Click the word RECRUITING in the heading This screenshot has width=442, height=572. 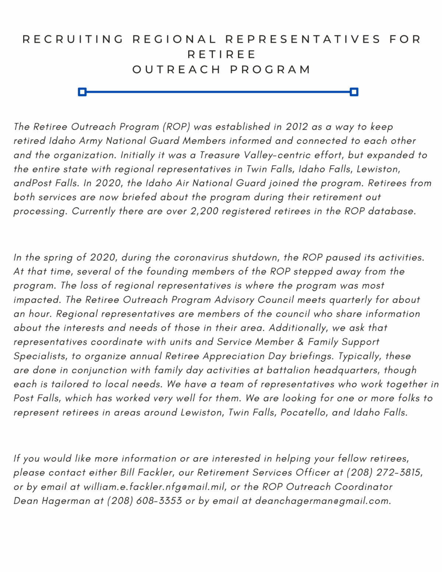click(x=73, y=39)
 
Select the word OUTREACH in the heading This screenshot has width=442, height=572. click(x=176, y=70)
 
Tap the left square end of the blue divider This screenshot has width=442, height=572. click(x=82, y=92)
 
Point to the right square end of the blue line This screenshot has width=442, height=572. click(x=354, y=92)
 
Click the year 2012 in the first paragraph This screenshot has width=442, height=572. click(x=297, y=127)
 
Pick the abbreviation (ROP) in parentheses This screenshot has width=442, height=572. click(x=176, y=127)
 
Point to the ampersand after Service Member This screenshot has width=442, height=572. click(x=301, y=342)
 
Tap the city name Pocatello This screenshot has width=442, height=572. click(x=303, y=413)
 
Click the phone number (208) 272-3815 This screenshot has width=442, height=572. click(x=384, y=473)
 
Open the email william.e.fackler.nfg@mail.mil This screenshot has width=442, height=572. click(x=154, y=487)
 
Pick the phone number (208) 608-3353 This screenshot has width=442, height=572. click(x=144, y=501)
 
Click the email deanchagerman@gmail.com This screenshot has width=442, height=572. click(x=322, y=501)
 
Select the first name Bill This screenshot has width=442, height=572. click(x=127, y=473)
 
